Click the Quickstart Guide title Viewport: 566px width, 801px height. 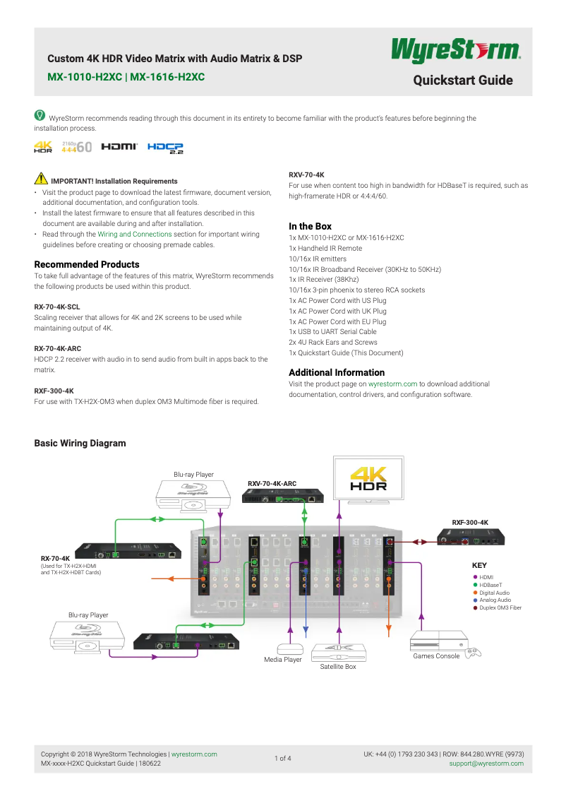coord(463,81)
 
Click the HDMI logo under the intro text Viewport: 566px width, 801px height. coord(119,147)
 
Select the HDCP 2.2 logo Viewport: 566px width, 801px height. coord(165,148)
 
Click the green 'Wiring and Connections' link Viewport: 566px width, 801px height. coord(134,234)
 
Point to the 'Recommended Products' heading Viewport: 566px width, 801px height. coord(87,264)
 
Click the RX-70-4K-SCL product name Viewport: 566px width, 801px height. coord(57,307)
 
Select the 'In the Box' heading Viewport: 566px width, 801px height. coord(310,226)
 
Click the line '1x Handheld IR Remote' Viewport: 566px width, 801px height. coord(326,249)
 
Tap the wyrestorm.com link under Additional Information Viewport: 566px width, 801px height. coord(392,384)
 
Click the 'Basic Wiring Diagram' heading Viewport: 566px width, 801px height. coord(80,443)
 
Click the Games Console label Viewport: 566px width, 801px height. coord(436,656)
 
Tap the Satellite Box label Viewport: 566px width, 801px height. coord(338,667)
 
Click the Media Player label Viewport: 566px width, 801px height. coord(283,660)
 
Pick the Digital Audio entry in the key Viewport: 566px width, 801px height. coord(494,593)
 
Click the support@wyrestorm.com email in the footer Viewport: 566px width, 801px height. coord(486,764)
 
